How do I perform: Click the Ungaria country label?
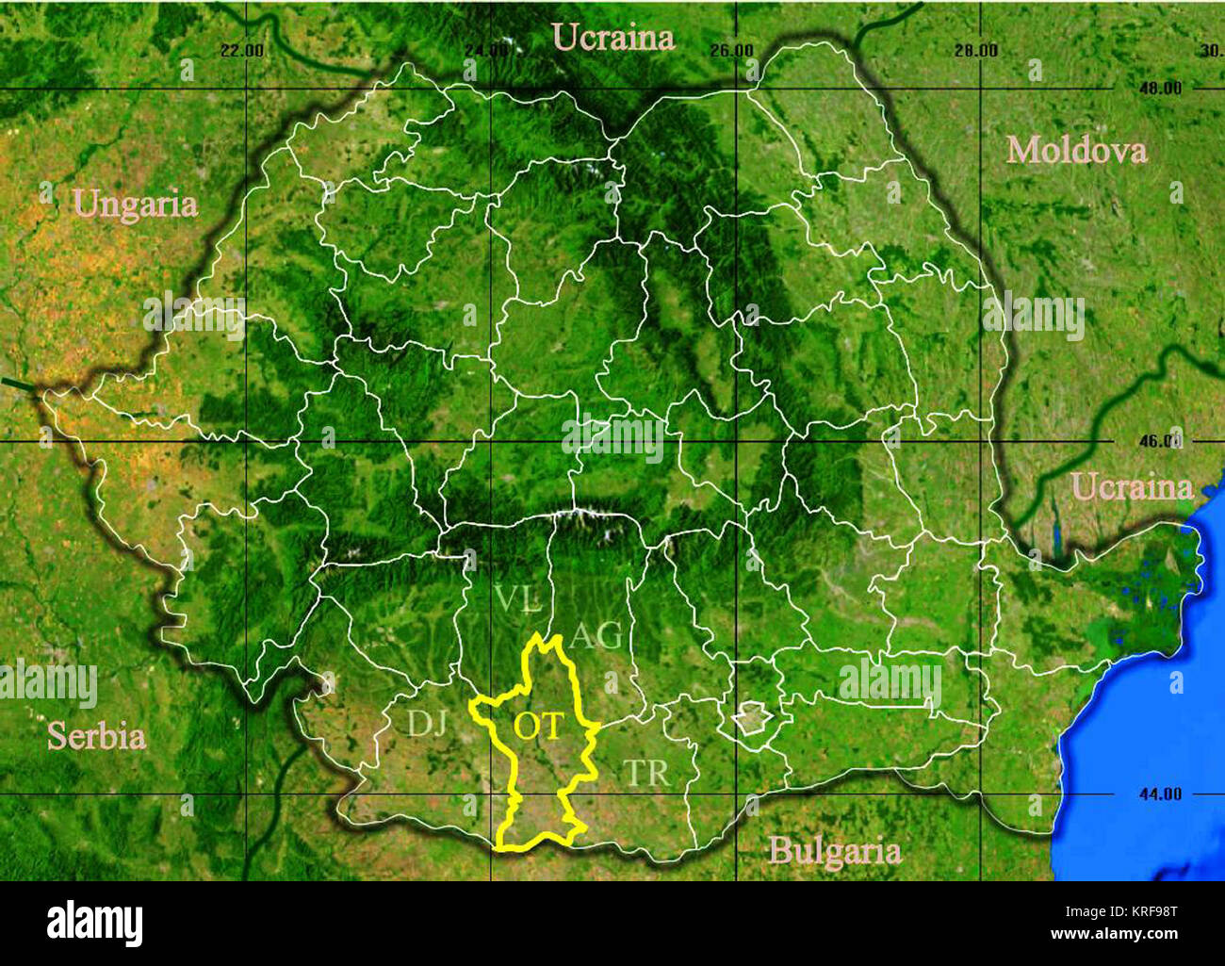coord(136,205)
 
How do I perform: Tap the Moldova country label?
coord(1076,150)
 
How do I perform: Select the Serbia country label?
coord(96,736)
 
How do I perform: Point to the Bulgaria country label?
coord(834,851)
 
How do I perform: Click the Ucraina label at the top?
coord(613,37)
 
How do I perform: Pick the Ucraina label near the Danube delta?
coord(1133,487)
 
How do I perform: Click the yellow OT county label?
coord(538,726)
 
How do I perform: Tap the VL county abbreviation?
coord(517,598)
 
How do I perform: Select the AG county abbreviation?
coord(596,636)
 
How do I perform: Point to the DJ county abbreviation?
coord(426,723)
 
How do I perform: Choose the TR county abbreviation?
coord(647,773)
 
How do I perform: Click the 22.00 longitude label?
coord(242,50)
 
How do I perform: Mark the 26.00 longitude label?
coord(730,50)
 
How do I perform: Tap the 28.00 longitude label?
coord(975,50)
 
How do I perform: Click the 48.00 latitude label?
coord(1160,89)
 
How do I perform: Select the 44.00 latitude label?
coord(1160,794)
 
